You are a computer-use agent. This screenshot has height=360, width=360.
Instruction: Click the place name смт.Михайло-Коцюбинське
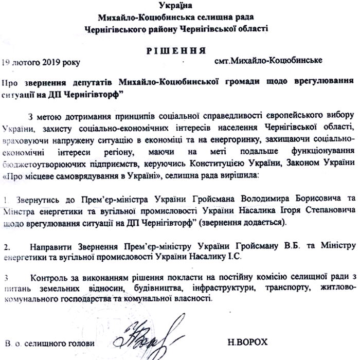click(x=268, y=60)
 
